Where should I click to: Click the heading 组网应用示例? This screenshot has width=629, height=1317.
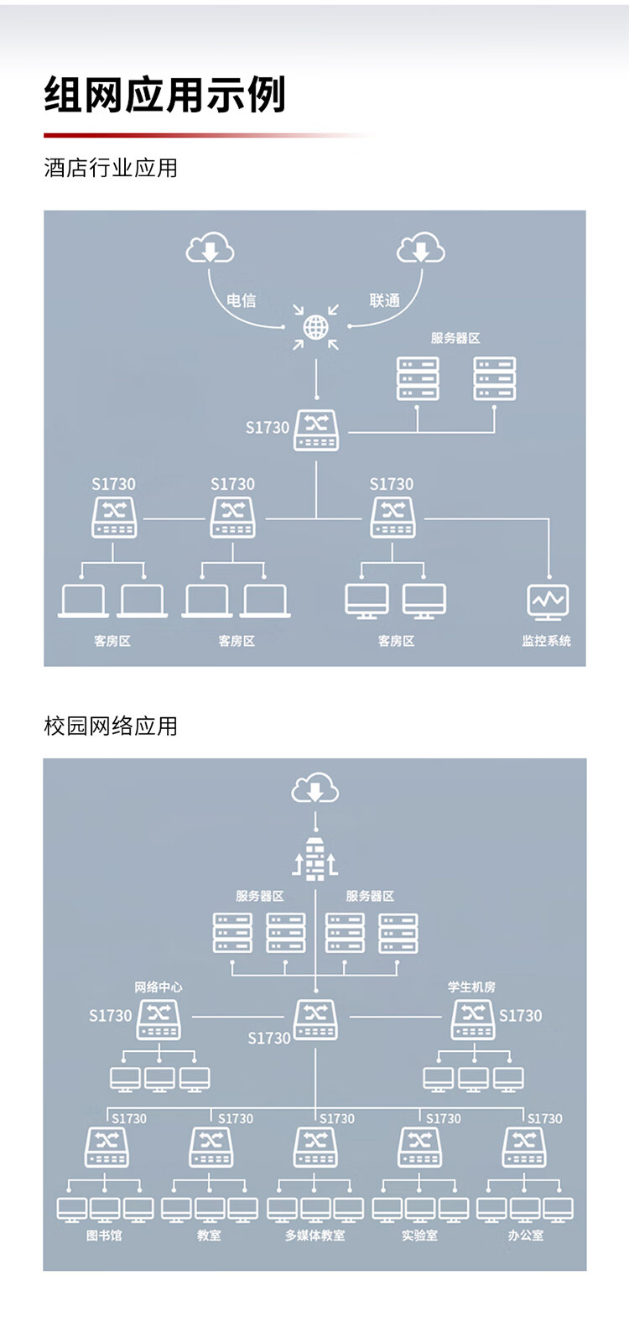165,95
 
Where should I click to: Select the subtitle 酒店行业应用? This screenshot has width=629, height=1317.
111,168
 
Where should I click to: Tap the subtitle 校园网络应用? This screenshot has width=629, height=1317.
111,726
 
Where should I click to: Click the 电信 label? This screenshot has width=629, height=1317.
242,300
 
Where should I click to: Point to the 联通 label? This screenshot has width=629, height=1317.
385,300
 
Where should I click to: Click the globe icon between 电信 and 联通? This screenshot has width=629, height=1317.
315,327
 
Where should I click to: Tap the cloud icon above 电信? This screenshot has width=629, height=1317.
210,249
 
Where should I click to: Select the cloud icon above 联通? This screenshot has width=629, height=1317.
420,249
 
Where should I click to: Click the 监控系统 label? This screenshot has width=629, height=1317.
546,641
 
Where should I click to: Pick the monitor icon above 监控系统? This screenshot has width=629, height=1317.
548,601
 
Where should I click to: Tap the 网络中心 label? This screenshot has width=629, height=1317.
159,987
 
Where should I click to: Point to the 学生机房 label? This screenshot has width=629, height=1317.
471,987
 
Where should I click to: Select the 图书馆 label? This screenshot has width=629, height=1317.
104,1236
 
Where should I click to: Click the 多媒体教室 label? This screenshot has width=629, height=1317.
314,1236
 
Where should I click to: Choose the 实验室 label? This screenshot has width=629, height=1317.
419,1236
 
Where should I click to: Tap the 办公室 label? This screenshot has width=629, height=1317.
525,1236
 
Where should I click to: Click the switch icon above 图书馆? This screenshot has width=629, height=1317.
107,1147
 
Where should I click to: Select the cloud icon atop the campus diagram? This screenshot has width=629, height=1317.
315,789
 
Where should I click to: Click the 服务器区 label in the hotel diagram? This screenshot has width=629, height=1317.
455,338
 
